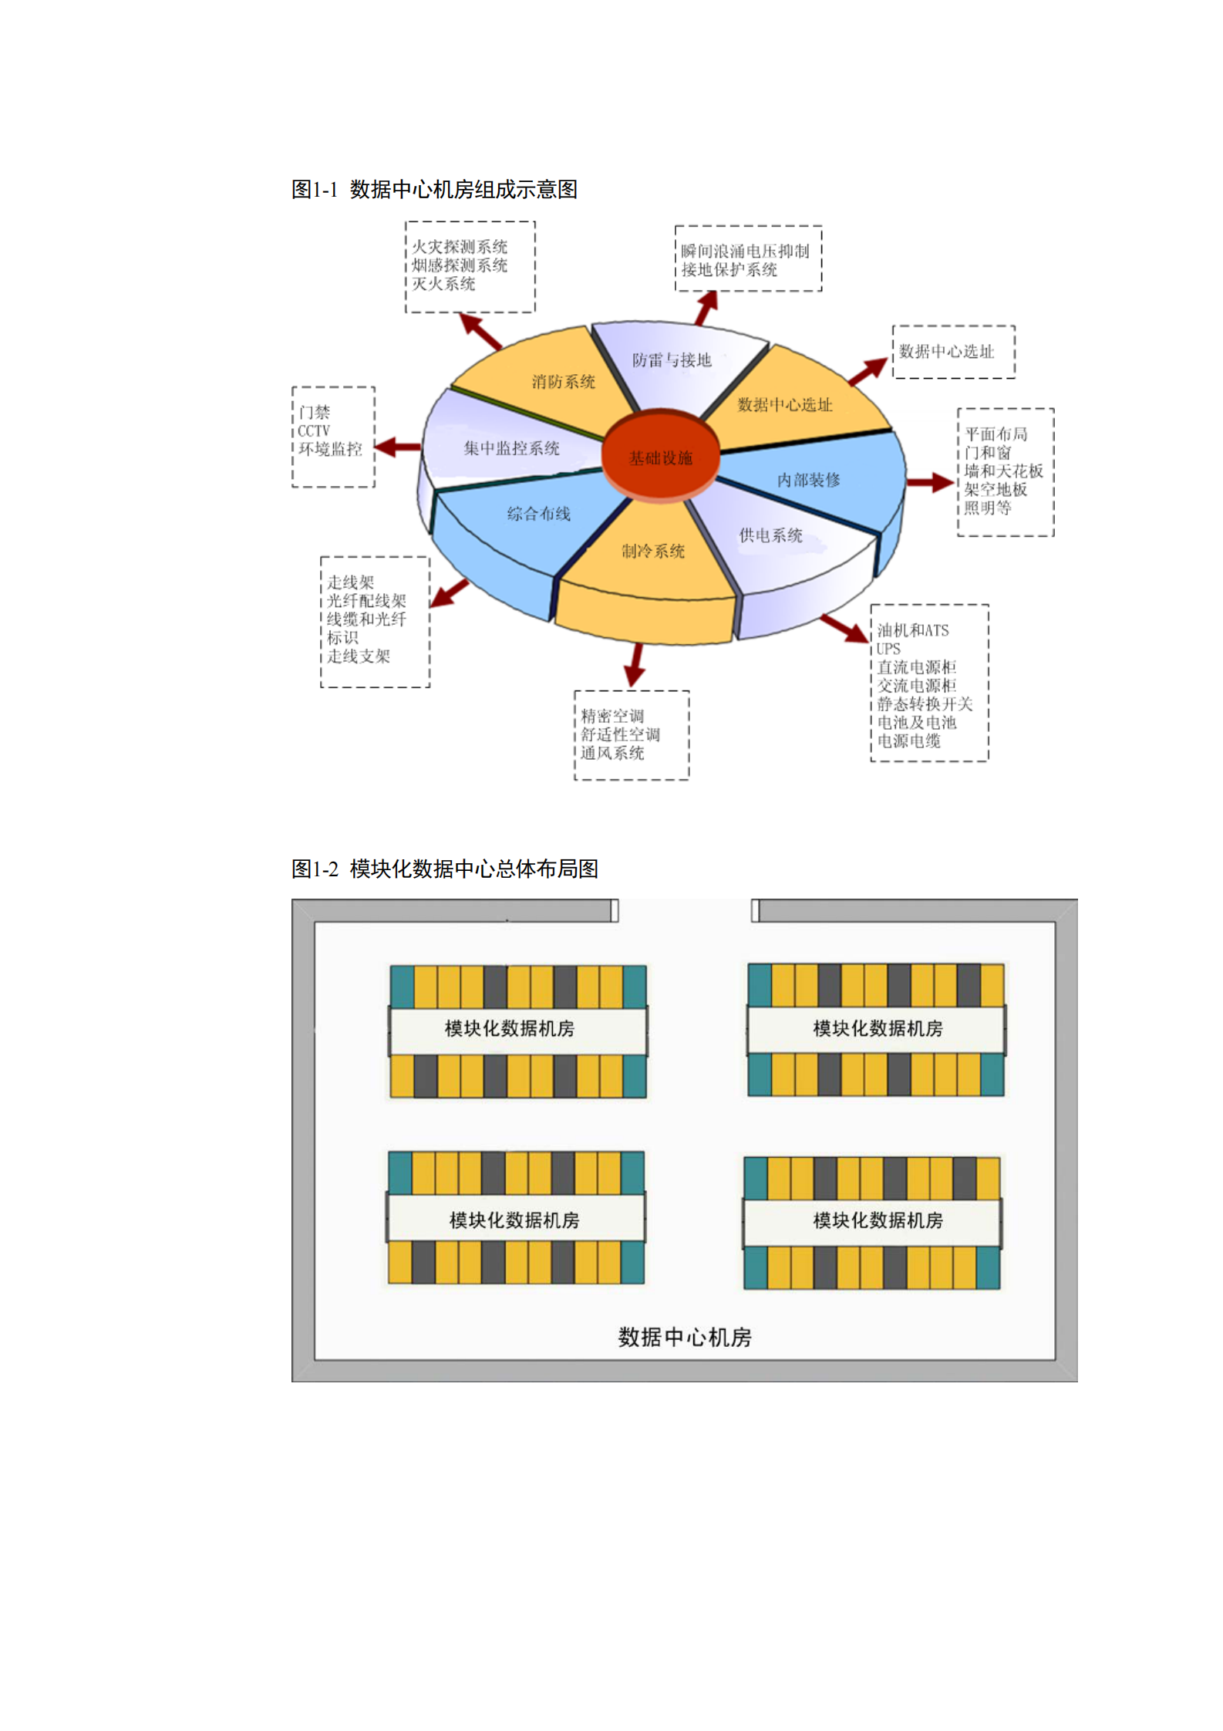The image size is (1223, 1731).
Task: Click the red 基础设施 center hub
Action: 660,457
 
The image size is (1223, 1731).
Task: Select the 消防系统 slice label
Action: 563,381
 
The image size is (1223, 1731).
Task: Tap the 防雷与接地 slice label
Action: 671,359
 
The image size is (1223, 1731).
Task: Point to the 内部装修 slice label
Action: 808,479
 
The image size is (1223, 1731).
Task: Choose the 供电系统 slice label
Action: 770,535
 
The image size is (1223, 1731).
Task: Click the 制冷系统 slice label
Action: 653,550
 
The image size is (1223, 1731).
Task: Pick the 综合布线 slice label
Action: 538,513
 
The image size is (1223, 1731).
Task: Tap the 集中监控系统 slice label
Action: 511,447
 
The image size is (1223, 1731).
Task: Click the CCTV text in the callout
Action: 314,430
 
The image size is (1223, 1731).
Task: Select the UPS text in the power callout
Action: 888,648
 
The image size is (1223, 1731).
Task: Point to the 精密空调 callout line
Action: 611,715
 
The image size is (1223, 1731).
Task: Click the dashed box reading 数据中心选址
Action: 953,352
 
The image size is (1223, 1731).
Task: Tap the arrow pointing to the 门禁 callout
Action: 397,447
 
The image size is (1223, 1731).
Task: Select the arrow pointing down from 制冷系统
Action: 635,663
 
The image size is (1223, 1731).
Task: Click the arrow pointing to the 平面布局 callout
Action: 930,483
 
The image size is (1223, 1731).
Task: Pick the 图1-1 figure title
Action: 434,189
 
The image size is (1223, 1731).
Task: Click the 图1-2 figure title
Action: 444,869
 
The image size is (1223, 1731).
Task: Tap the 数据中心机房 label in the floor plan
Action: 684,1336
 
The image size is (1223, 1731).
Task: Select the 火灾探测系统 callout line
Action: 459,247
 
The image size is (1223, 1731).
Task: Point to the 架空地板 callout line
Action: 995,489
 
